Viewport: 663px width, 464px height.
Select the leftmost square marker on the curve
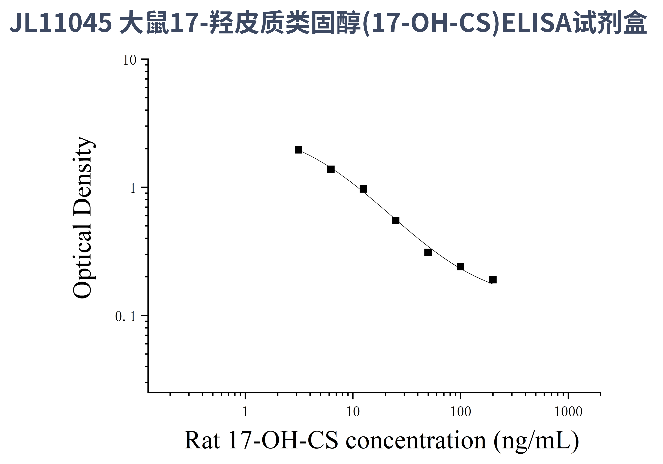pos(298,150)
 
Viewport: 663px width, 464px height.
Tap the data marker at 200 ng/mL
pos(493,280)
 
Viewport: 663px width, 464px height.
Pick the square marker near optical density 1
pos(363,189)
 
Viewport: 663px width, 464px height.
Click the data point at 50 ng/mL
pos(428,252)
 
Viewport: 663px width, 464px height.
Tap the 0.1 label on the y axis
pos(125,316)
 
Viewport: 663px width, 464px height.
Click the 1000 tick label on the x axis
pos(568,412)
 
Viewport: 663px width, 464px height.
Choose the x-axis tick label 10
pos(353,412)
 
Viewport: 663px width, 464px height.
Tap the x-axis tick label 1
pos(245,412)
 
